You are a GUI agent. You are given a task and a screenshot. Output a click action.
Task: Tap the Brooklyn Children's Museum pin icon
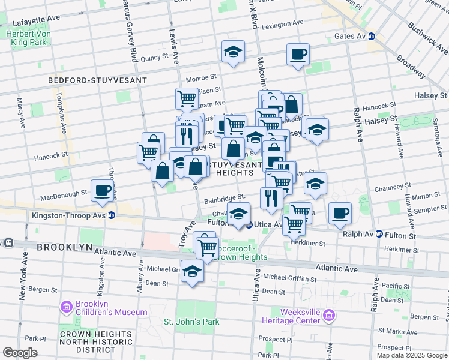(66, 307)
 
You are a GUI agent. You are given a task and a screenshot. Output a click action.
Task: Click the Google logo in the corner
(20, 353)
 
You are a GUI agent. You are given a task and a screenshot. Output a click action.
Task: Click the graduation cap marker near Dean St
(192, 271)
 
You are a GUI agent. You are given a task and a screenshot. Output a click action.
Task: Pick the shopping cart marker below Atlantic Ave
(208, 247)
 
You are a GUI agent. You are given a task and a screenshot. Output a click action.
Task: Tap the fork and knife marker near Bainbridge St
(271, 197)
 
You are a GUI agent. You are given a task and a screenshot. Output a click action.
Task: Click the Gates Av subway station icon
(371, 36)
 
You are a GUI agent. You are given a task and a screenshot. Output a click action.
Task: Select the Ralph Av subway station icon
(379, 234)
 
